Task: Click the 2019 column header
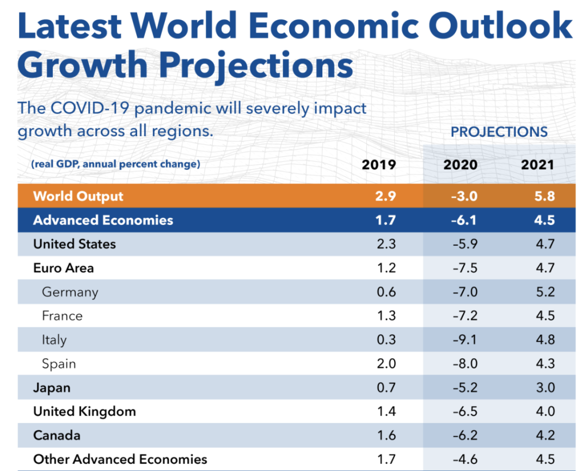click(379, 164)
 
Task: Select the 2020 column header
click(460, 164)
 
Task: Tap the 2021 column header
click(537, 164)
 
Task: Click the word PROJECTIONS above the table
click(499, 132)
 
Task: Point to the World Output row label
click(78, 196)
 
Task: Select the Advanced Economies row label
click(103, 220)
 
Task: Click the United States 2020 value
click(465, 244)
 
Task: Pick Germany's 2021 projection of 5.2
click(544, 292)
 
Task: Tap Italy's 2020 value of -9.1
click(465, 340)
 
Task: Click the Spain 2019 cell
click(386, 364)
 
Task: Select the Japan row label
click(52, 388)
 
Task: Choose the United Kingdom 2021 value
click(544, 412)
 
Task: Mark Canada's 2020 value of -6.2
click(465, 436)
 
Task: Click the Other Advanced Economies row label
click(120, 459)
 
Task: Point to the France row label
click(62, 316)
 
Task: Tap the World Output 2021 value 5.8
click(544, 196)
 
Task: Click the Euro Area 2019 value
click(386, 268)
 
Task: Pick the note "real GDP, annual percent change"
click(115, 164)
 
